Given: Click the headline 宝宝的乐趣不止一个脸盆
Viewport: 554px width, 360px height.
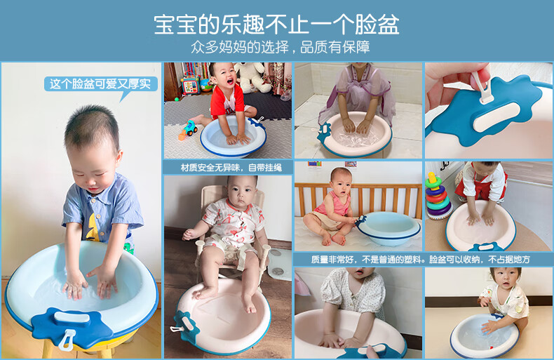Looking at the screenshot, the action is tap(276, 25).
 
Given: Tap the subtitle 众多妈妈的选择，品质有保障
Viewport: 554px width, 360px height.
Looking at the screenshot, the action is tap(281, 47).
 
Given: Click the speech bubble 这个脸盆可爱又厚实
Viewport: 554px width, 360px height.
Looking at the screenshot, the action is tap(100, 84).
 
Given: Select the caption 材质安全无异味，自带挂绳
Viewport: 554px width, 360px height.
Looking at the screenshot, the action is tap(231, 168).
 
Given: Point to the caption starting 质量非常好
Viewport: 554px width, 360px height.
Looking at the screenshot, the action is tap(421, 260).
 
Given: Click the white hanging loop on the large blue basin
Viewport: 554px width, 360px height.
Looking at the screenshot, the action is tap(67, 340).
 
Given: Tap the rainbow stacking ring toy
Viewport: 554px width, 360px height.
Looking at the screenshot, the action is tap(438, 196).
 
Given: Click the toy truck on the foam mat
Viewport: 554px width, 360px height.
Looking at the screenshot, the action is tap(189, 128).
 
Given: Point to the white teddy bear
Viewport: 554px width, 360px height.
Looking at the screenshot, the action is tap(252, 76).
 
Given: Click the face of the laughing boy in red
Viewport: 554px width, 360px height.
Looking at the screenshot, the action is tap(224, 76).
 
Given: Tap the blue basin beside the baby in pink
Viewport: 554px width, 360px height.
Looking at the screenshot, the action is tap(389, 228).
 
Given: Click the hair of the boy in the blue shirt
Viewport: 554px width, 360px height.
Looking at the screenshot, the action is tap(93, 124).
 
